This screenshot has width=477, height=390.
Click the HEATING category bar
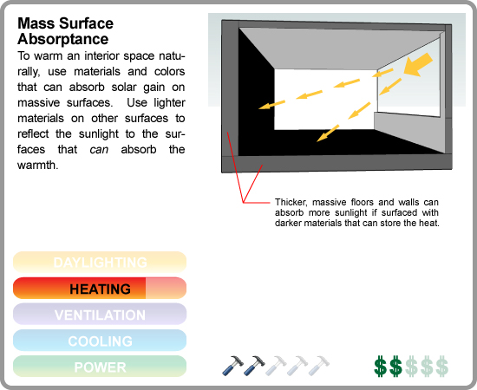100,288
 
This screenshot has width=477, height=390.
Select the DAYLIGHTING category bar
100,262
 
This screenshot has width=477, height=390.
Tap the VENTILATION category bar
100,314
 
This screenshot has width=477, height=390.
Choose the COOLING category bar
100,340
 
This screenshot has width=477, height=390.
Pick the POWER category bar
100,367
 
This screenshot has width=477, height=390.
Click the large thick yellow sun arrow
418,65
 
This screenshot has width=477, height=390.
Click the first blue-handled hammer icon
232,366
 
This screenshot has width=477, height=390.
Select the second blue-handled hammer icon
254,366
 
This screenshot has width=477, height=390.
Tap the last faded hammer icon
319,366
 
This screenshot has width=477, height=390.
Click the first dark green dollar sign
380,366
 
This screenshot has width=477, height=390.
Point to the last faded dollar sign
442,366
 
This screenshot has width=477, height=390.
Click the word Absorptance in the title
63,39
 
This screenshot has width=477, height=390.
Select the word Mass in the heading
36,23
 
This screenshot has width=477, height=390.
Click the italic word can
99,150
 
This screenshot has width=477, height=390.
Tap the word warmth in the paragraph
37,165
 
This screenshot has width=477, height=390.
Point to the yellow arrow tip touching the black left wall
259,108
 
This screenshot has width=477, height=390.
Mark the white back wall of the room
325,100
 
